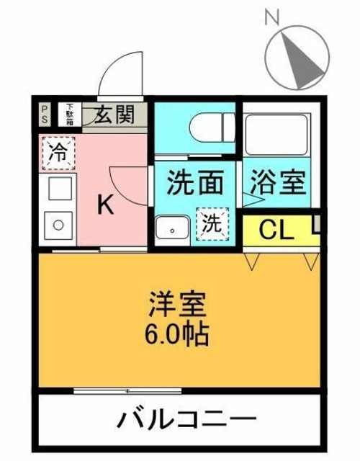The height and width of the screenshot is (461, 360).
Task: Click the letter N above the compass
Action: pos(271,17)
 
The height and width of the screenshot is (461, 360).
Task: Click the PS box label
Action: pos(45,113)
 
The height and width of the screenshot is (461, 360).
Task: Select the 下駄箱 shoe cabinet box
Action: pos(70,113)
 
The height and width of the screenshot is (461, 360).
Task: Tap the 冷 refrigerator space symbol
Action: pos(56,152)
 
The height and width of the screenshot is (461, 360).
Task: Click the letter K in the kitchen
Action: pos(105,205)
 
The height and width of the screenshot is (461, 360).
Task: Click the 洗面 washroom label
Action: pos(192,182)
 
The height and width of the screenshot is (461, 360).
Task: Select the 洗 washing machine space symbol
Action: pos(212,223)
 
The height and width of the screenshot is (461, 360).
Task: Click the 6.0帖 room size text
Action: pos(180,334)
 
